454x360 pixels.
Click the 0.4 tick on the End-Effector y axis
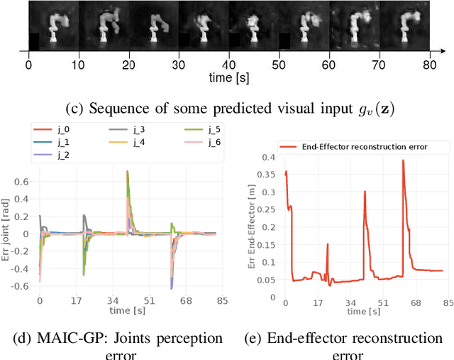(268, 156)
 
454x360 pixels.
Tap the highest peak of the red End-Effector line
(403, 160)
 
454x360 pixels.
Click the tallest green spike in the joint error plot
(127, 171)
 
